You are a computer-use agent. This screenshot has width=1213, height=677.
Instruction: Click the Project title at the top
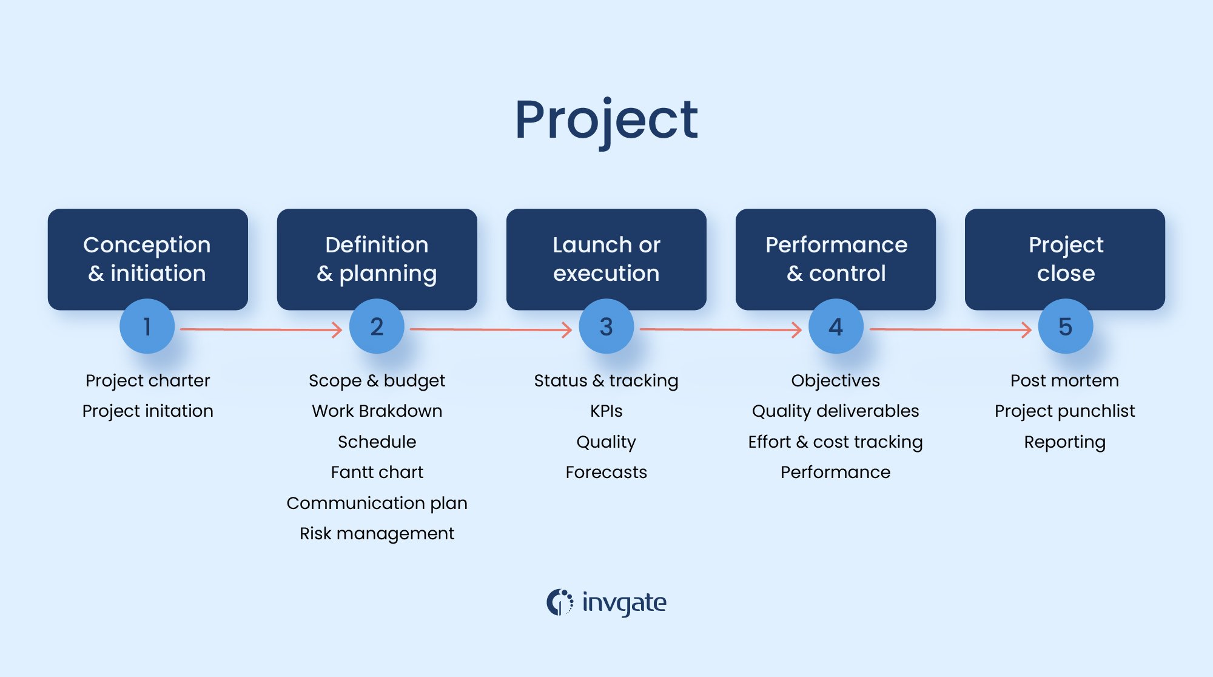coord(606,120)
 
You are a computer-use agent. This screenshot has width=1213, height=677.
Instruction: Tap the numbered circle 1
coord(147,326)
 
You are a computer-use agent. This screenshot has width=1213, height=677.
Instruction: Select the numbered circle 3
coord(606,326)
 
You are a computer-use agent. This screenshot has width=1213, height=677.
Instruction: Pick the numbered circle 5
coord(1066,326)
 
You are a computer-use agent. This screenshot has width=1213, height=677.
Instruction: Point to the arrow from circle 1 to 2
coord(261,329)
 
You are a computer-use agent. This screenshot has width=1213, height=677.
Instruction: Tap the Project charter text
coord(147,380)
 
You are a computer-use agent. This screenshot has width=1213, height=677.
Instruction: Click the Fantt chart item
coord(377,472)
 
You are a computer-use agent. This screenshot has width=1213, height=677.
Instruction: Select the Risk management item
coord(377,533)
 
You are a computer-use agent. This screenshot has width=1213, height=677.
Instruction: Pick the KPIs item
coord(606,411)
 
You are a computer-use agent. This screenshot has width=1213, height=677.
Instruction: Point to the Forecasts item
coord(606,472)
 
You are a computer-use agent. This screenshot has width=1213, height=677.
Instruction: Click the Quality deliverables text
coord(835,411)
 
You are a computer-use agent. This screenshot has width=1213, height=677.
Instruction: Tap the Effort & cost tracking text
coord(835,442)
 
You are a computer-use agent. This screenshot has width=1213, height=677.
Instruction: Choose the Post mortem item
coord(1064,380)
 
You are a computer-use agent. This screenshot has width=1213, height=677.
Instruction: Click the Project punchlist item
coord(1064,411)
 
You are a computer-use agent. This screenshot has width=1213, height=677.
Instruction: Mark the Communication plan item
coord(377,503)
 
